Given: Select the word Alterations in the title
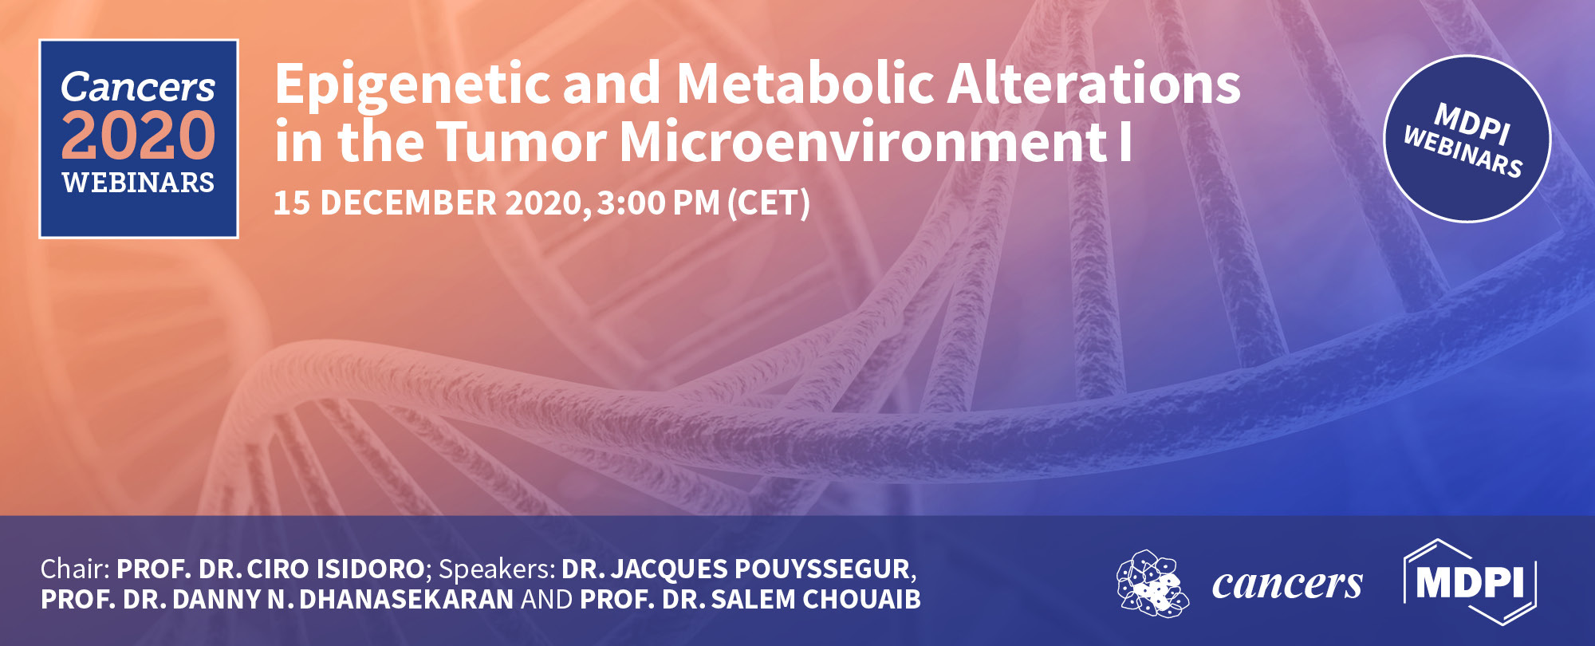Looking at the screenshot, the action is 1094,84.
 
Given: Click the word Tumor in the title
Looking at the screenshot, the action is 522,141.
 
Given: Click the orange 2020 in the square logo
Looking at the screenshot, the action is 138,136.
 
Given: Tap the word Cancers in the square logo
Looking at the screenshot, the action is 138,86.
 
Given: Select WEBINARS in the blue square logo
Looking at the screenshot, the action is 138,183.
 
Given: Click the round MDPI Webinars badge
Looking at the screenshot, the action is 1467,139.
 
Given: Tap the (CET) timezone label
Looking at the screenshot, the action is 769,203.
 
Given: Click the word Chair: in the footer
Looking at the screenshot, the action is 75,569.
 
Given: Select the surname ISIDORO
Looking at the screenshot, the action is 370,569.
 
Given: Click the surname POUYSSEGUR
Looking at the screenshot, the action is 822,569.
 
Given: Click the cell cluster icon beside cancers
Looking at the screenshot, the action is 1152,584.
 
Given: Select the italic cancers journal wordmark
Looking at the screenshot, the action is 1287,585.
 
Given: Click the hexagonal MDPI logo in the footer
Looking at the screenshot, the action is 1469,582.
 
